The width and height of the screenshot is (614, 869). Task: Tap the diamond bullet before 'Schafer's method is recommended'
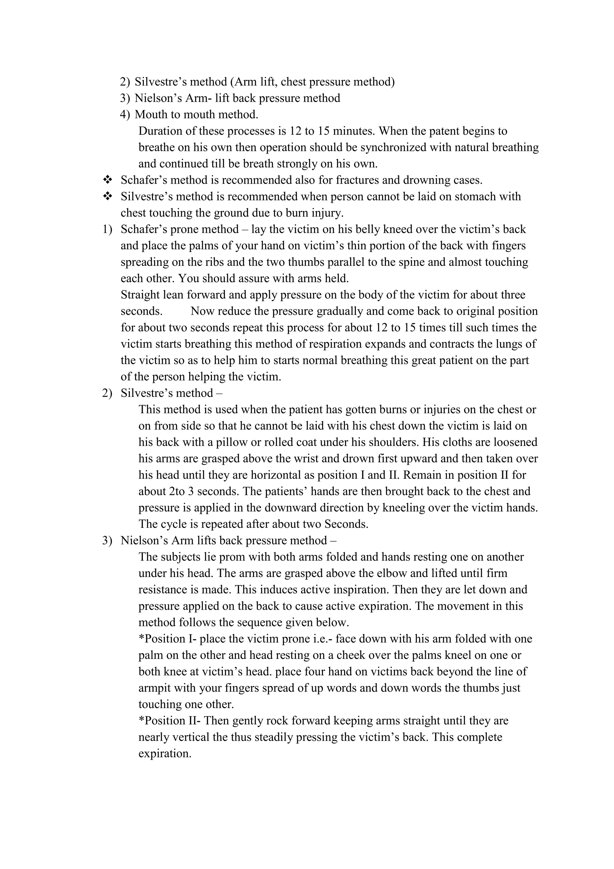108,179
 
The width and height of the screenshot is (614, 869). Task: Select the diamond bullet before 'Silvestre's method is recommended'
108,196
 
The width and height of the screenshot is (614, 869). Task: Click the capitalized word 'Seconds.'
346,524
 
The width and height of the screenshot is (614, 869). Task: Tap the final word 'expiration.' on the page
165,753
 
